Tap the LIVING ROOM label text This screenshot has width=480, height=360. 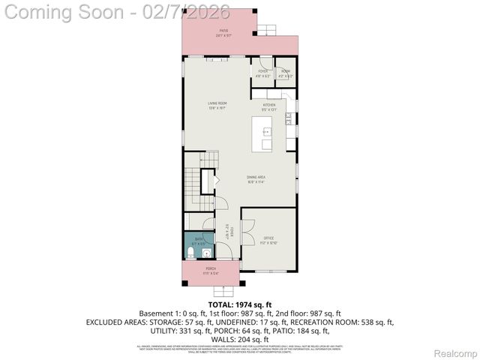click(x=217, y=104)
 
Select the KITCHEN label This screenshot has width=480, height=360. click(x=269, y=106)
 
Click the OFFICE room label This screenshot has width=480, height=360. click(x=268, y=240)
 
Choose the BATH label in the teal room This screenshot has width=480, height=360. click(x=197, y=241)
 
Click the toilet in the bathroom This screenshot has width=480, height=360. click(x=190, y=252)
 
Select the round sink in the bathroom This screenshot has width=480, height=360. click(x=208, y=253)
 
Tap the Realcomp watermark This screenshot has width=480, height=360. click(x=455, y=352)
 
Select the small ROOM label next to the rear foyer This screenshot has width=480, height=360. click(x=285, y=73)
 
